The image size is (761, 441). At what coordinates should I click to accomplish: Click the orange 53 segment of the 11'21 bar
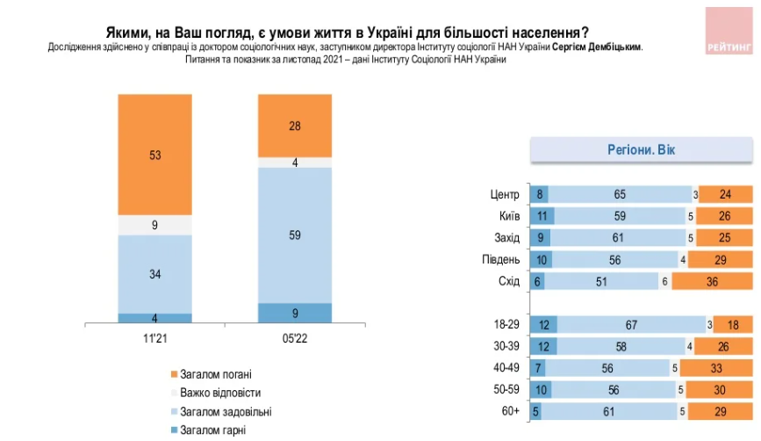(154, 155)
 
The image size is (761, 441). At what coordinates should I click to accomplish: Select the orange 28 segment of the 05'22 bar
(294, 126)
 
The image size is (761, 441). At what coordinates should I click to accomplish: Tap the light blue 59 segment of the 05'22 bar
(294, 235)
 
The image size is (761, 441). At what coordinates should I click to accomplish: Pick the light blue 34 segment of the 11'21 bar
(154, 273)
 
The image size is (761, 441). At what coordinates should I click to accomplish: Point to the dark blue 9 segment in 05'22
(294, 312)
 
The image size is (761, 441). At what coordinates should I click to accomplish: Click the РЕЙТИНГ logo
(729, 33)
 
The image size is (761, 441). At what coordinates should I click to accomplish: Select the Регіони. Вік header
(642, 149)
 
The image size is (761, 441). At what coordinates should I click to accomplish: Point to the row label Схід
(508, 281)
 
